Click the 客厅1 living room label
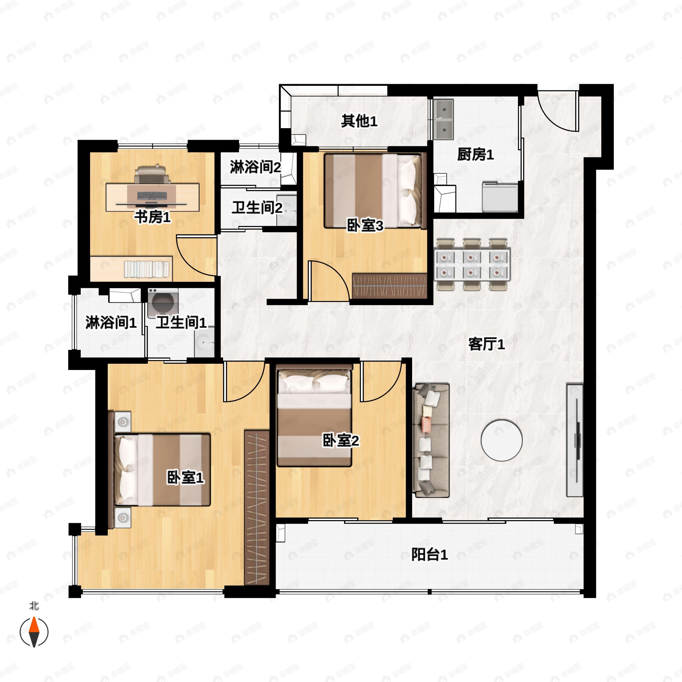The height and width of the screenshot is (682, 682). [x=486, y=344]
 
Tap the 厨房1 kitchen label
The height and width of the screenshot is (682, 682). [x=475, y=154]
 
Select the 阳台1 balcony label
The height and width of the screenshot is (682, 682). [x=429, y=555]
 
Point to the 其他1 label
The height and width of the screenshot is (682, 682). [x=359, y=121]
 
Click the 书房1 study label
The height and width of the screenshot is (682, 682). [x=152, y=217]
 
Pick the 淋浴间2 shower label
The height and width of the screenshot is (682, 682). [x=255, y=167]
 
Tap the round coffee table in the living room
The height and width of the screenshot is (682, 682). [x=501, y=440]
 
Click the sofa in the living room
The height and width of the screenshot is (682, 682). [x=431, y=440]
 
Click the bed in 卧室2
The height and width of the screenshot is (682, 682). [x=315, y=415]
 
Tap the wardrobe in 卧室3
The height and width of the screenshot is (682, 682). [x=390, y=286]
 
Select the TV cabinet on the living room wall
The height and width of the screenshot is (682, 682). [x=575, y=440]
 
